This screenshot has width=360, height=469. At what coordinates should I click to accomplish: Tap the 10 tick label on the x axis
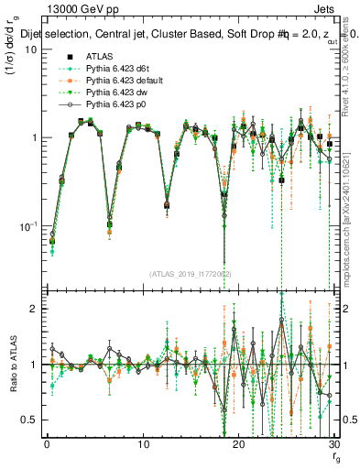(143, 445)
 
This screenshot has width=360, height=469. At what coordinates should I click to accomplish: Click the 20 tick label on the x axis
(238, 445)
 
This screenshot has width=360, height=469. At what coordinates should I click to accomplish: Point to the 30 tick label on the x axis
(333, 445)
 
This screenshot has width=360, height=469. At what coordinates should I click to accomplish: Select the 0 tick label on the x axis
(48, 445)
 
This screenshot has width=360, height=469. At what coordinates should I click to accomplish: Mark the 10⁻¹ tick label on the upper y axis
(27, 225)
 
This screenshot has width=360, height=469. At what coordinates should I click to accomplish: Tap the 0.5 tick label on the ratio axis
(29, 420)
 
